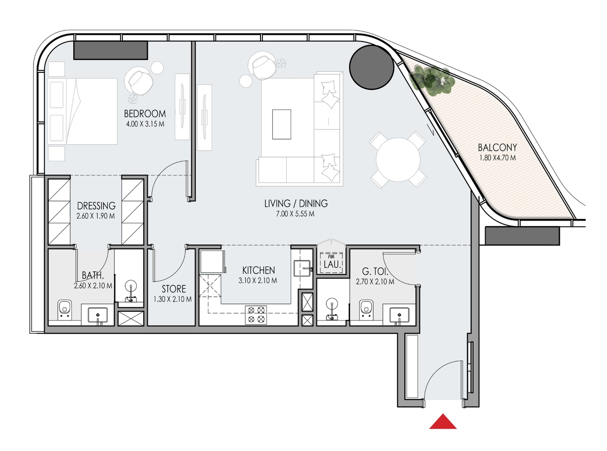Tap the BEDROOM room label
coord(145,113)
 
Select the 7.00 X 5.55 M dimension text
coord(295,214)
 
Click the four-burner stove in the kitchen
coord(256,315)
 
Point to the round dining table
coord(398,160)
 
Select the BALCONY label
coord(497,148)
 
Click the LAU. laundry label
coord(332,264)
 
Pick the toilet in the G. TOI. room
coord(367,310)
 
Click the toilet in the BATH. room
coord(64,310)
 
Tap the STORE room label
coord(174,289)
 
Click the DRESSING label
coord(96,206)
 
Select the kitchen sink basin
coord(302,268)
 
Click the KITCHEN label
coord(258,270)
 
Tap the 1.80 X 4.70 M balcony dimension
coord(497,158)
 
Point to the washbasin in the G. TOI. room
coord(400,316)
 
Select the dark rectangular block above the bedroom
coord(111,50)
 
